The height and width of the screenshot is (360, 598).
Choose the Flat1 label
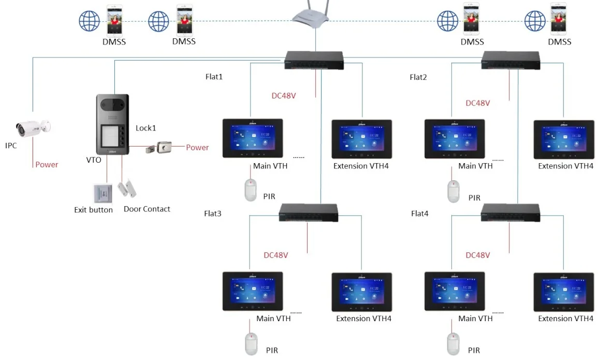pos(214,77)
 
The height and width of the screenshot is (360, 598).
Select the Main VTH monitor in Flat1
pos(253,138)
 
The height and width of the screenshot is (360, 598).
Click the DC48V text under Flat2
pos(477,103)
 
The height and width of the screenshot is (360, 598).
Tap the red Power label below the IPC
pos(47,165)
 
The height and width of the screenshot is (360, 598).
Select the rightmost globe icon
pos(535,21)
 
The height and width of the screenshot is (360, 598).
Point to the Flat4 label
pos(419,213)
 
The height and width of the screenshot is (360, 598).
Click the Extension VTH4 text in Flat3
pos(363,319)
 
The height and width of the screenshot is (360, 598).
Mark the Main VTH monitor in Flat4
pos(454,291)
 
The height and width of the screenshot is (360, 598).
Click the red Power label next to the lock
pos(197,148)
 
